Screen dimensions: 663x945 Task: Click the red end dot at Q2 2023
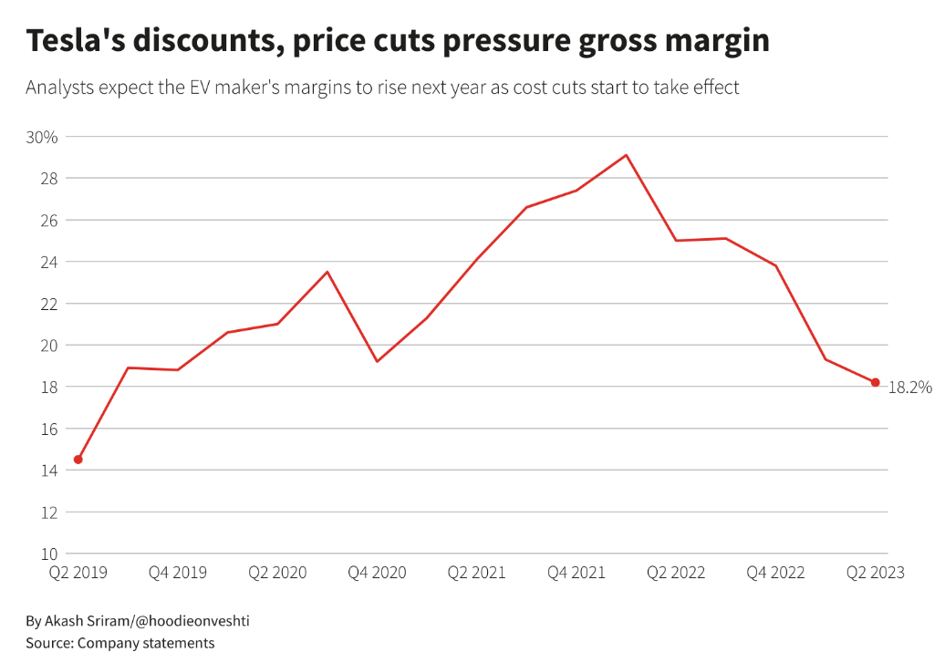click(x=875, y=383)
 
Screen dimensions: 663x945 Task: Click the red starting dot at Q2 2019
click(x=78, y=460)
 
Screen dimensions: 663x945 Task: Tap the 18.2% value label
click(x=909, y=388)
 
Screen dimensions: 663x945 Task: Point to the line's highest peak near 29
click(x=626, y=155)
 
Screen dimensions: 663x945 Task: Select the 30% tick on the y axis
click(x=42, y=137)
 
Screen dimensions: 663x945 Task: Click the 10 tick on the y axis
click(x=48, y=554)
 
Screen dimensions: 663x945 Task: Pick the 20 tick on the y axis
click(x=48, y=345)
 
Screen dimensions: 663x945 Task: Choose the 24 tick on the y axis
click(x=48, y=262)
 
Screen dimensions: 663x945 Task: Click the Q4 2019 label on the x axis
click(x=178, y=573)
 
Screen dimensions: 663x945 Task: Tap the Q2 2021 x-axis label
click(x=476, y=573)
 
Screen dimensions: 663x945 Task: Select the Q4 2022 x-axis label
click(x=775, y=573)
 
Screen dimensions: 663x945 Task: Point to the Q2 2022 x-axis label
click(x=676, y=573)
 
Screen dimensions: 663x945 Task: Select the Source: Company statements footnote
click(x=120, y=643)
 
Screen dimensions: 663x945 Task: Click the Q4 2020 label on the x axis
click(x=377, y=573)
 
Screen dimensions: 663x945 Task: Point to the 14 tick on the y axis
click(x=48, y=471)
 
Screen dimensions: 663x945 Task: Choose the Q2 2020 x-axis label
click(x=277, y=573)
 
